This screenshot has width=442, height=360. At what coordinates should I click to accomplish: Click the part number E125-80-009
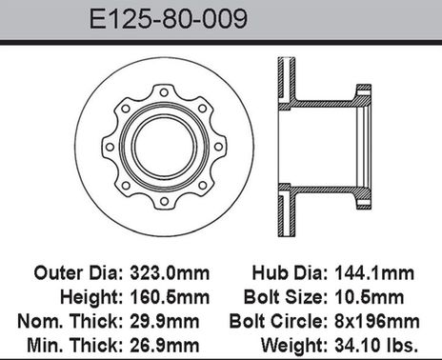[x=169, y=19]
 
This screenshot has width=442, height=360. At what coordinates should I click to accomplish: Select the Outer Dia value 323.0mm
[x=170, y=273]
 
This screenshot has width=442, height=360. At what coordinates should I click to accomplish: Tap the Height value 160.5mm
[x=170, y=297]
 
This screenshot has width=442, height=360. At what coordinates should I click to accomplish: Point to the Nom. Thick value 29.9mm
[x=165, y=321]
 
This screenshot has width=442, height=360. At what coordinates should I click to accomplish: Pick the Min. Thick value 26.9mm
[x=165, y=345]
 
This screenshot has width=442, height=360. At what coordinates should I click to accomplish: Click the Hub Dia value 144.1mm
[x=374, y=273]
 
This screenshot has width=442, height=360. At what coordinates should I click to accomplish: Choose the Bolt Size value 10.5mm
[x=369, y=297]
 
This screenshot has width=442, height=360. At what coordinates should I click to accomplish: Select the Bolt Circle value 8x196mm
[x=377, y=321]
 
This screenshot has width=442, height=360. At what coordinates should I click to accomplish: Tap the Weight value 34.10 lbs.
[x=376, y=345]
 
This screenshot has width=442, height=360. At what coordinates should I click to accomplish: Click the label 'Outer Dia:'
[x=78, y=273]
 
